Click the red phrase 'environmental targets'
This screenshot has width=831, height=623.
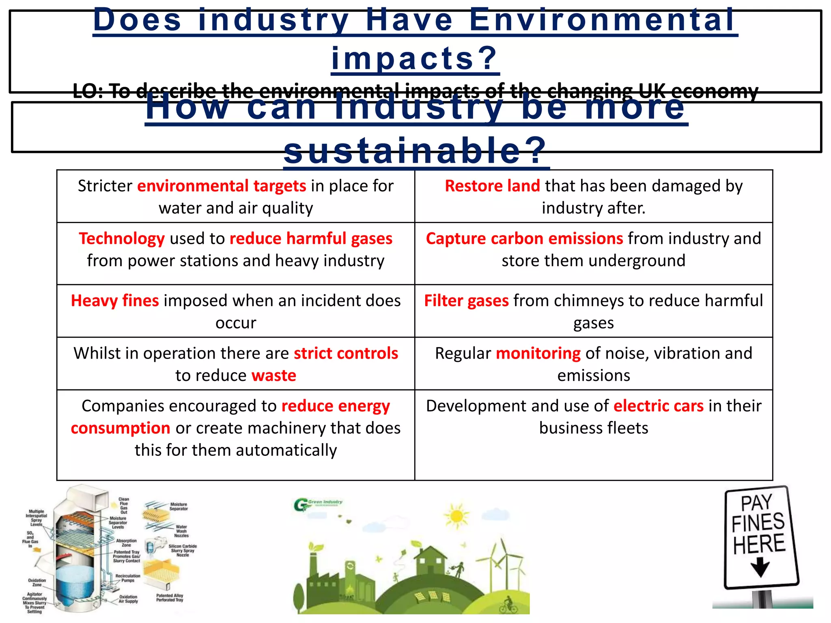pos(222,186)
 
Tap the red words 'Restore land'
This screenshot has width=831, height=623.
pos(492,186)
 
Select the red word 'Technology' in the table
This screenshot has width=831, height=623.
pos(122,238)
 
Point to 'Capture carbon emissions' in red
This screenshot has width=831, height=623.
pos(524,238)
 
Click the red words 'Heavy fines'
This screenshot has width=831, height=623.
pos(115,301)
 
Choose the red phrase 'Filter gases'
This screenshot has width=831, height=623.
pos(466,301)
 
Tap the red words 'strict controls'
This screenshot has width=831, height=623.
pos(346,353)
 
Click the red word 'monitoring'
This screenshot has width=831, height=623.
pos(538,353)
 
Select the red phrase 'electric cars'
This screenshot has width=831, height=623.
pos(658,406)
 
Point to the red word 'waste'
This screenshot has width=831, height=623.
pos(274,376)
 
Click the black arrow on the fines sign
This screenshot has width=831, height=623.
pos(760,567)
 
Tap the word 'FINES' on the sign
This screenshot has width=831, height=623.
pos(758,522)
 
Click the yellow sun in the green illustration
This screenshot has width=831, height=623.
pos(456,516)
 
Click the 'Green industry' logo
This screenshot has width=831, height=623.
pos(318,504)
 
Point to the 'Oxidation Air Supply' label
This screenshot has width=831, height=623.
pos(128,599)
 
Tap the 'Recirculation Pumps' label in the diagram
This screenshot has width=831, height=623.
pos(128,578)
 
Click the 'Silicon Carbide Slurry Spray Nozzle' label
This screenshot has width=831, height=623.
pos(183,550)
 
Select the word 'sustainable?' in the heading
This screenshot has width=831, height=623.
pos(415,151)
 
